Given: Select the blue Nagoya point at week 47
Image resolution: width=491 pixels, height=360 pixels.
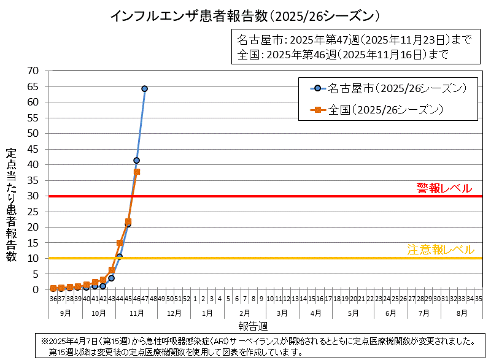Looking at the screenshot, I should click(145, 89).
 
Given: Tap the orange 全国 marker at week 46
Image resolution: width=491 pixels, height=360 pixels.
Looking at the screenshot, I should click(137, 172).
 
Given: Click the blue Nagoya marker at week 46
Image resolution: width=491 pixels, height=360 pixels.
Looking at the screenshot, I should click(136, 161).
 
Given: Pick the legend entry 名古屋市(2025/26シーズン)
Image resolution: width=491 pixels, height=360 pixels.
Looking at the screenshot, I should click(386, 88).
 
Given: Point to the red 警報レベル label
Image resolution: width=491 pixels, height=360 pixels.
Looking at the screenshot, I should click(444, 188).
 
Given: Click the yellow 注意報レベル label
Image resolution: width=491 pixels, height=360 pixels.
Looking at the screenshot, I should click(441, 250).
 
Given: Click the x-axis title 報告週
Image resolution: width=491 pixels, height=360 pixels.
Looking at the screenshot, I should click(253, 324).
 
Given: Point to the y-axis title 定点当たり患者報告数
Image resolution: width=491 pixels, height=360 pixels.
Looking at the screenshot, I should click(11, 205).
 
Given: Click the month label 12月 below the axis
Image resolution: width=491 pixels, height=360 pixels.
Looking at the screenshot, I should click(174, 313).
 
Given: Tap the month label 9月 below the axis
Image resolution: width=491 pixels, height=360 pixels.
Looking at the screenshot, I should click(65, 313).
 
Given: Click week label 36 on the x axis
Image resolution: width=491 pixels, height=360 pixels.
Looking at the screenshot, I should click(53, 299).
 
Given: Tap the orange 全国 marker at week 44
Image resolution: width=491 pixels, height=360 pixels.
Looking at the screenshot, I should click(120, 243).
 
